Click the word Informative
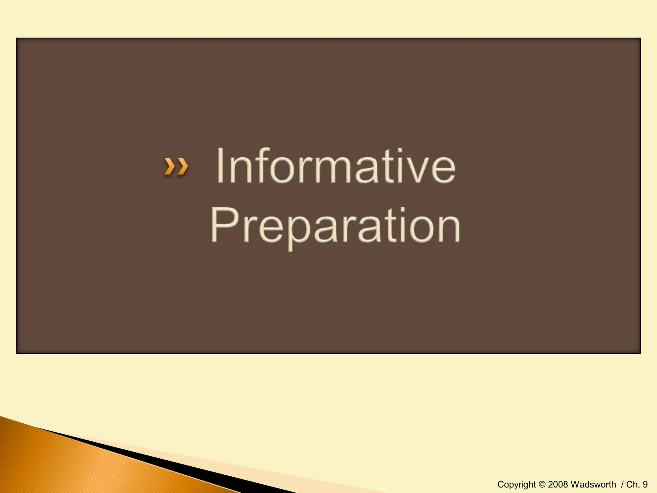point(336,166)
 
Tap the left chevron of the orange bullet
point(169,166)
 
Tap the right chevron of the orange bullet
point(182,166)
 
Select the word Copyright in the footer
point(516,484)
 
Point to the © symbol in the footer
point(542,484)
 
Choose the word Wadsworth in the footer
point(593,484)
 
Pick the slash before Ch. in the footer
point(622,484)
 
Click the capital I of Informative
point(220,166)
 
